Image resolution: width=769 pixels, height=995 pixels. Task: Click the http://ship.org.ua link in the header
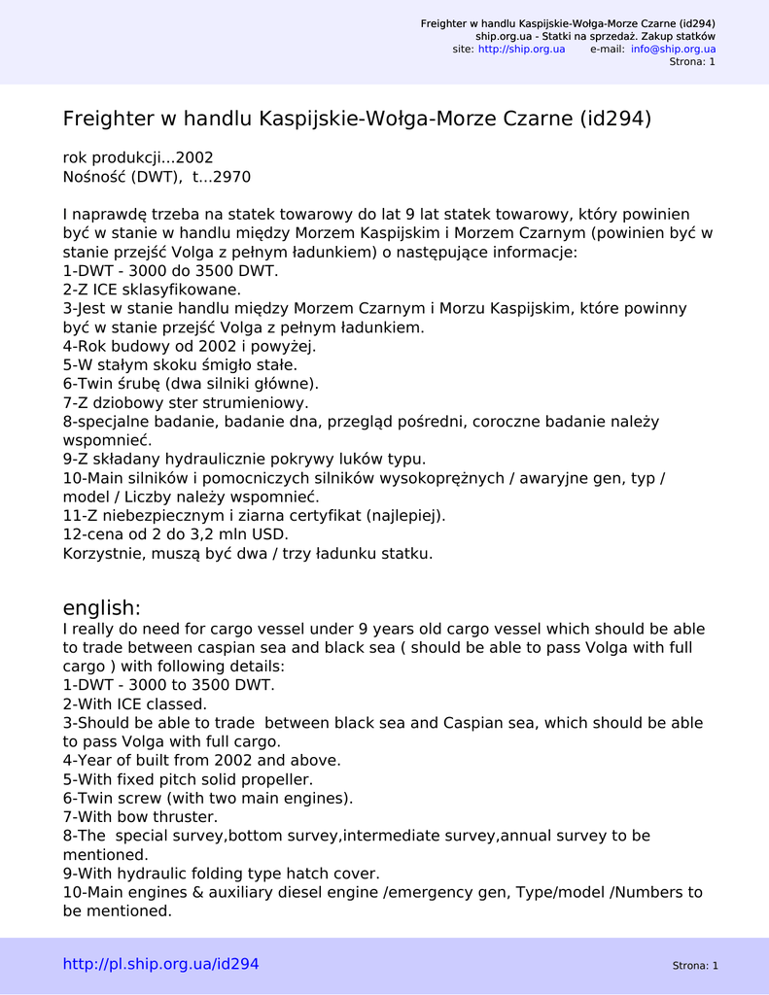(x=521, y=49)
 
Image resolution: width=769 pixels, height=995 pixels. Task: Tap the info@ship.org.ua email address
(x=673, y=49)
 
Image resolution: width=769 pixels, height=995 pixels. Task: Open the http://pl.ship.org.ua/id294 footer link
(x=161, y=964)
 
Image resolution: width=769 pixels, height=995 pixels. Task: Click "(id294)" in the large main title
(x=615, y=120)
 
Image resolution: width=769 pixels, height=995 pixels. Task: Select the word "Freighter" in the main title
(x=108, y=120)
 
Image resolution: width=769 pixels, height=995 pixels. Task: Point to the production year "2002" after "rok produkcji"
(x=194, y=157)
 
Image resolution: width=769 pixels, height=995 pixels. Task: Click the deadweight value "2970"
(x=231, y=177)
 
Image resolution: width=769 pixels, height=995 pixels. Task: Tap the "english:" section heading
(x=102, y=608)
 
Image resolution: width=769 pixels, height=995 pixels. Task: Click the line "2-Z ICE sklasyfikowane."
(x=152, y=290)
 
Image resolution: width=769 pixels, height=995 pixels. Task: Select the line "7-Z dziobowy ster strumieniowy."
(x=186, y=402)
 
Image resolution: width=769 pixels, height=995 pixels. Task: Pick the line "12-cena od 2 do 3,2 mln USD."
(x=176, y=534)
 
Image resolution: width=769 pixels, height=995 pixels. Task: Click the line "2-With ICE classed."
(x=134, y=703)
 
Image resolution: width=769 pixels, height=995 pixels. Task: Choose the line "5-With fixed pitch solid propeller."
(x=189, y=779)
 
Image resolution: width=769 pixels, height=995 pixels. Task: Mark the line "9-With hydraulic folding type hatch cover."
(x=222, y=874)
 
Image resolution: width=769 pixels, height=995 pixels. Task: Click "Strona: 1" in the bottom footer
(x=694, y=966)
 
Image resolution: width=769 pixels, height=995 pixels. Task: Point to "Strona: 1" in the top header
(x=692, y=62)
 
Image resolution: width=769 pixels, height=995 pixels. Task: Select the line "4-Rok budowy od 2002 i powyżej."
(x=190, y=346)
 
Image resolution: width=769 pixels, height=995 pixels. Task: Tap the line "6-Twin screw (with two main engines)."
(x=208, y=798)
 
